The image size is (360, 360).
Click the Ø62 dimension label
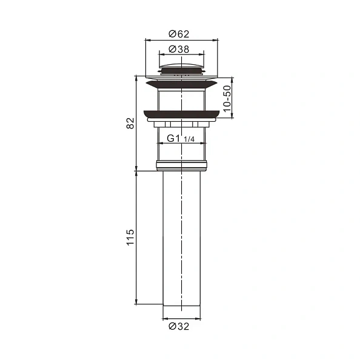180,34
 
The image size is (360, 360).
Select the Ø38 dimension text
180,48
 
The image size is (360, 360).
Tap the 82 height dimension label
129,123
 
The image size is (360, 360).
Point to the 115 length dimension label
129,237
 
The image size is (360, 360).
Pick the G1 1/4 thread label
180,139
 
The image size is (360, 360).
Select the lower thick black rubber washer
181,113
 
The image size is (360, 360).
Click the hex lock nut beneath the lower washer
181,124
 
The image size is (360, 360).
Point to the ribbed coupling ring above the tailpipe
181,164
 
